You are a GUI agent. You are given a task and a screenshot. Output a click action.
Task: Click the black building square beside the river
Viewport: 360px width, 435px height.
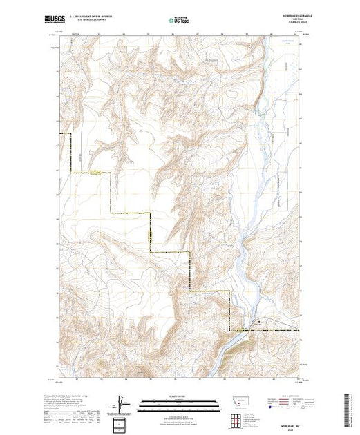[x=260, y=321]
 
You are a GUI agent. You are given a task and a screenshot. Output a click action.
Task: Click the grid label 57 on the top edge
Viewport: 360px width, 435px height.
[x=198, y=31]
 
